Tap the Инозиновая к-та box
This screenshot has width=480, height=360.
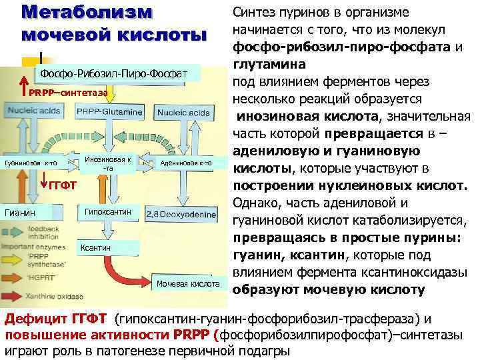pyautogui.click(x=107, y=163)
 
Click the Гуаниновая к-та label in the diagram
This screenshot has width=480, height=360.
pyautogui.click(x=31, y=163)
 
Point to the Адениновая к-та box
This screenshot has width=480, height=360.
pyautogui.click(x=187, y=163)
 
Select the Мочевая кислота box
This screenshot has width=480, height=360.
pyautogui.click(x=189, y=284)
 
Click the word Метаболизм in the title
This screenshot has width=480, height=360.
pyautogui.click(x=87, y=13)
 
